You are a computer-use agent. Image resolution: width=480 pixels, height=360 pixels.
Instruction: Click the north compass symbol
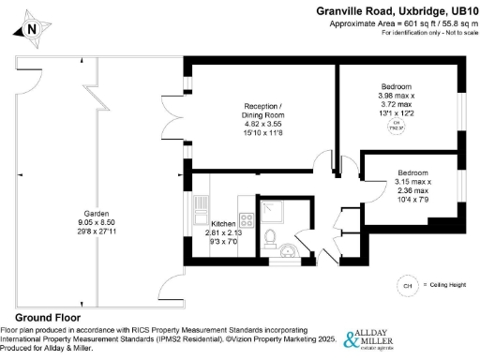click(32, 27)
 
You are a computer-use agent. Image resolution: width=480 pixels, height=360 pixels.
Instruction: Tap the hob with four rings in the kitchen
click(249, 221)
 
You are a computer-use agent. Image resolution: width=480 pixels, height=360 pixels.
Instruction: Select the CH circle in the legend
click(406, 284)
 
